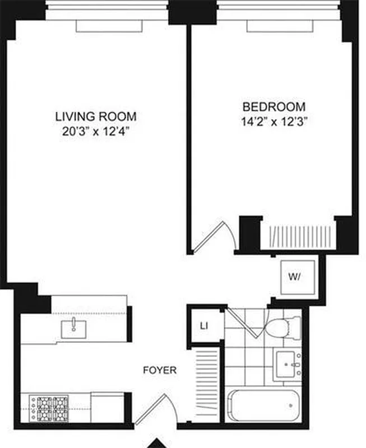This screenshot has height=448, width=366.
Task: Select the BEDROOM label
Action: (274, 106)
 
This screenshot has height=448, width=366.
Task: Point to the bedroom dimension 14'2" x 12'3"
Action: (274, 122)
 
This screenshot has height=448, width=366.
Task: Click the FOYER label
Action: (160, 370)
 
